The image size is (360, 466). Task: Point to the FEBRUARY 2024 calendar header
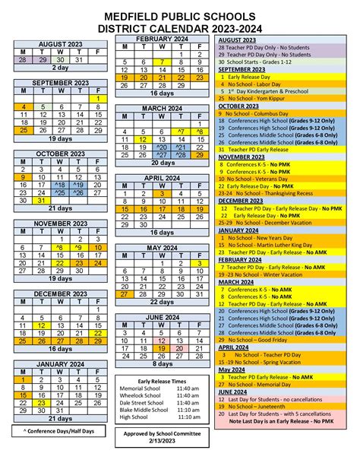click(162, 38)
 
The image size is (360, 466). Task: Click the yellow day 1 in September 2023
click(97, 99)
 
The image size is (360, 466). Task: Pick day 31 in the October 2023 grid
click(41, 201)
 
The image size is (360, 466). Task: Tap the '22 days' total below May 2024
click(162, 302)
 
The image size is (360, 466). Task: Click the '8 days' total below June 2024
click(162, 364)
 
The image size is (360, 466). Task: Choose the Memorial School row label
click(138, 388)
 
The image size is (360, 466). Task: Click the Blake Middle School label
click(143, 410)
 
